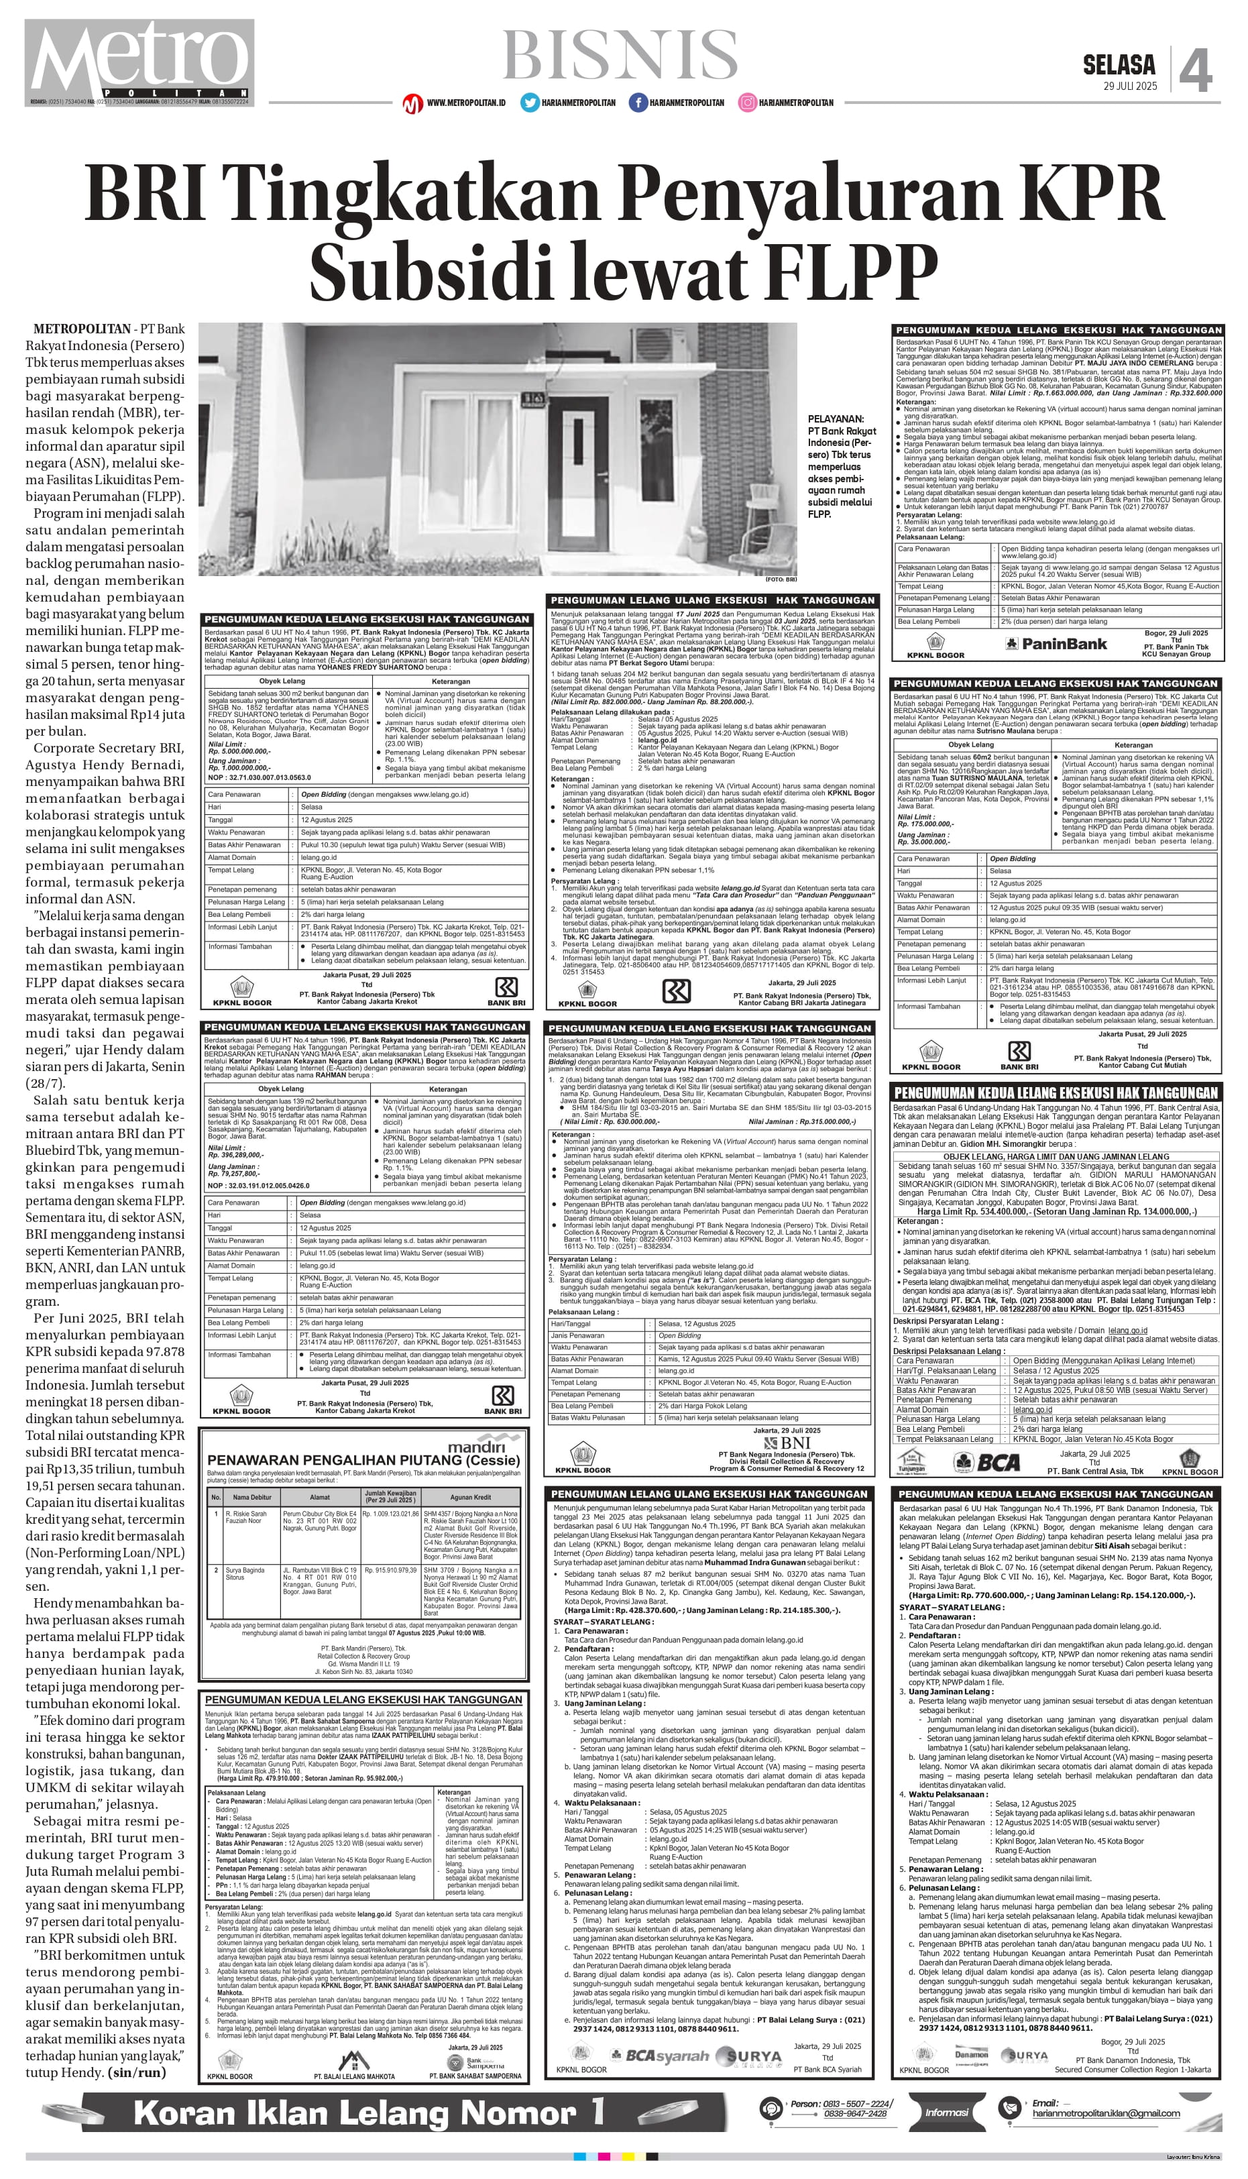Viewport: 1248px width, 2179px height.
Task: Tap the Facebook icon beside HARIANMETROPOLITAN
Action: click(637, 103)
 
